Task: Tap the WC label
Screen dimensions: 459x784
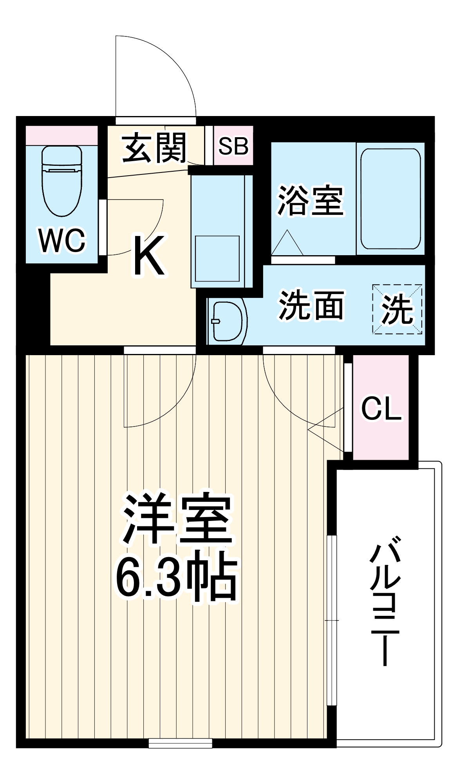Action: (x=62, y=240)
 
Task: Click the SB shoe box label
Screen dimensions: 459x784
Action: (x=233, y=146)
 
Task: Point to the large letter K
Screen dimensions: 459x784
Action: (x=149, y=255)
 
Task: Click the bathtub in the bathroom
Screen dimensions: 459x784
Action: (x=390, y=199)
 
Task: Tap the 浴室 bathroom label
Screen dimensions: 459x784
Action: (x=311, y=200)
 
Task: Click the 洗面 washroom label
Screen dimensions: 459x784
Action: (x=311, y=305)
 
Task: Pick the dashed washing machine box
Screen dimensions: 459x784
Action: (x=397, y=309)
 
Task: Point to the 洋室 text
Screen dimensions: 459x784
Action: (x=177, y=519)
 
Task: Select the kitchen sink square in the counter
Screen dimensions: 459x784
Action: (x=217, y=259)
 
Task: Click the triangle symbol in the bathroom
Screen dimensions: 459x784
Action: (x=287, y=243)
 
